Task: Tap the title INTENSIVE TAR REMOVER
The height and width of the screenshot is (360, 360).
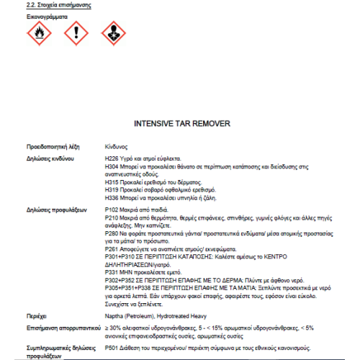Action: pos(181,123)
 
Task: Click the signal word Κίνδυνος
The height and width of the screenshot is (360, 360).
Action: pos(117,145)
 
